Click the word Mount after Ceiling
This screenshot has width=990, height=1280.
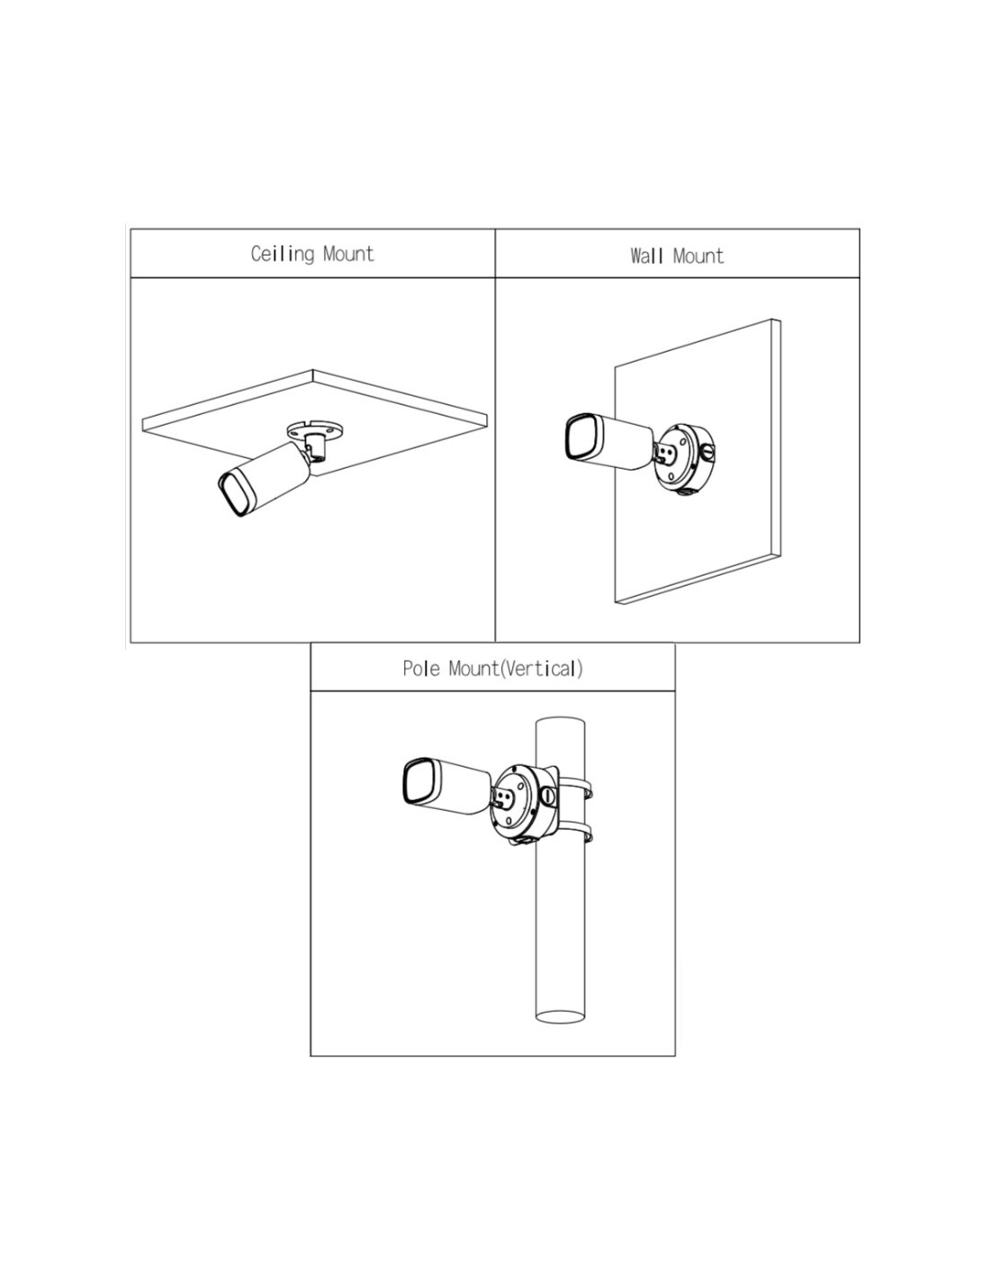tap(348, 254)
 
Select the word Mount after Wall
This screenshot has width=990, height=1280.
tap(697, 257)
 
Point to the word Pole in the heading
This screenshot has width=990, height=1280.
tap(421, 669)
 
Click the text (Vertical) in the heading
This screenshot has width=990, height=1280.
tap(541, 669)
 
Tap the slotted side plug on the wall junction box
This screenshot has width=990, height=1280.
tap(708, 453)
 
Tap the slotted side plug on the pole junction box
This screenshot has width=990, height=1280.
tap(548, 796)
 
